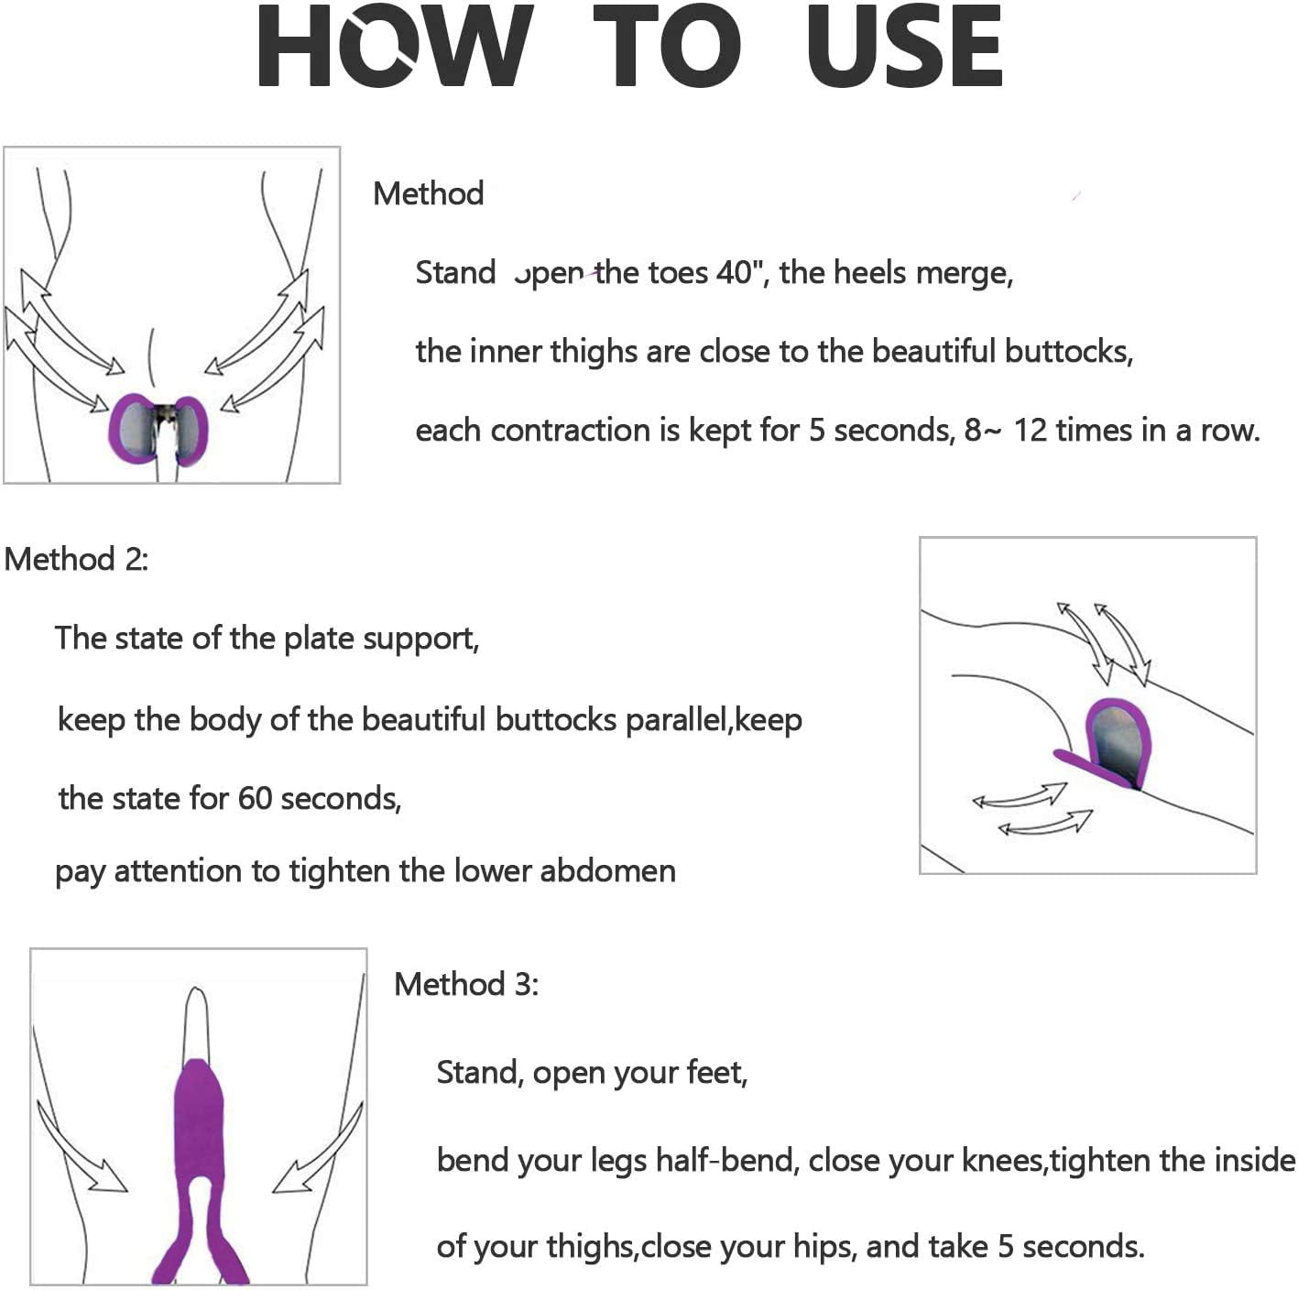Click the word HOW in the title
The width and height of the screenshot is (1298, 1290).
tap(396, 45)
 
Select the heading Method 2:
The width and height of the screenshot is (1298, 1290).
tap(76, 560)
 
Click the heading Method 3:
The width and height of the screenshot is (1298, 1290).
tap(466, 984)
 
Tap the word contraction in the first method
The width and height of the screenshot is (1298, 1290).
tap(569, 431)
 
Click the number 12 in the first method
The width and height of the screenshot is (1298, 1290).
tap(1031, 431)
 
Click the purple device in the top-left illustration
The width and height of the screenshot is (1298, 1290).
tap(158, 430)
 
